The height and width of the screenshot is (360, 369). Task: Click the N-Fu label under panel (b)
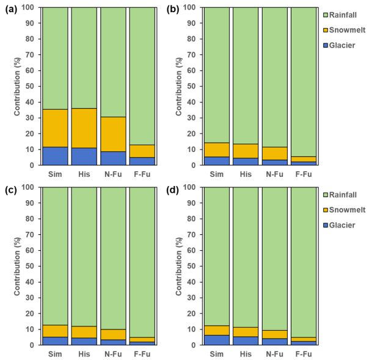point(276,175)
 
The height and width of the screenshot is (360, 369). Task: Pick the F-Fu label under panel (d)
point(305,355)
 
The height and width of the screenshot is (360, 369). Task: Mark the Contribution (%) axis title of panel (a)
point(18,86)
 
